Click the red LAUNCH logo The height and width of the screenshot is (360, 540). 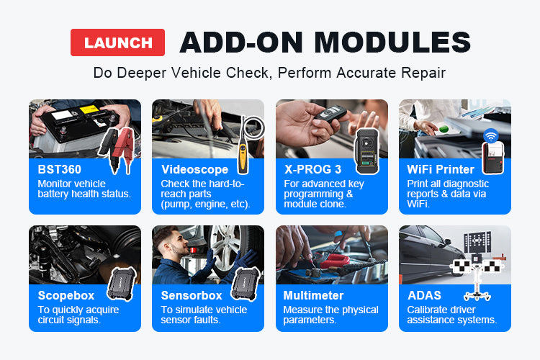[117, 42]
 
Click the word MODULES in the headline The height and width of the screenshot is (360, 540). [392, 42]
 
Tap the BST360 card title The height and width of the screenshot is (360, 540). [59, 169]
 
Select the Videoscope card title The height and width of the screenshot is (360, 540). [194, 169]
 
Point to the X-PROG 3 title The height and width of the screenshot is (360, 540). [312, 169]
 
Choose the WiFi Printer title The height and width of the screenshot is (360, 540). [441, 169]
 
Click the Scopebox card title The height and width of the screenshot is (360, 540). [66, 296]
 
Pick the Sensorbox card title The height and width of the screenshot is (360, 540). [192, 296]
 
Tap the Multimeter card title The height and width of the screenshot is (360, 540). [313, 296]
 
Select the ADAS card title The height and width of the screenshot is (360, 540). [424, 296]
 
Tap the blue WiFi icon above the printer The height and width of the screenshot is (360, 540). [491, 136]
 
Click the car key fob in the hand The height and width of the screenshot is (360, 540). [330, 114]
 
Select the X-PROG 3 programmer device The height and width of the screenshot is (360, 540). [366, 151]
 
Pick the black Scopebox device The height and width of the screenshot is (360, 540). [122, 284]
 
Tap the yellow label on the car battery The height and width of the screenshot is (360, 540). [89, 110]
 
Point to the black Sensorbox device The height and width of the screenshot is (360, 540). [246, 284]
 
